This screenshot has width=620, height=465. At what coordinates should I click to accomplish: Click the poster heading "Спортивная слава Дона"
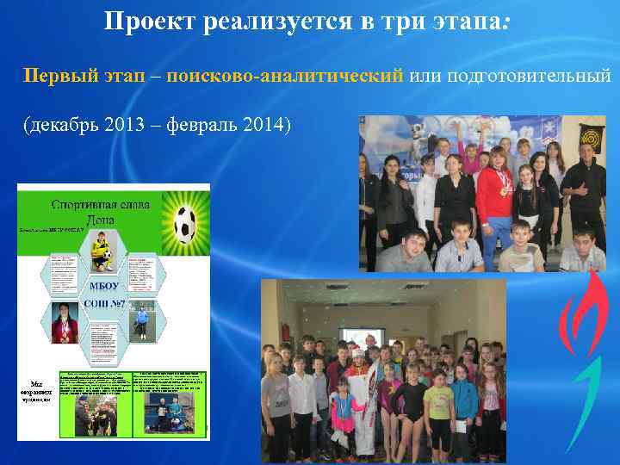(x=100, y=212)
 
